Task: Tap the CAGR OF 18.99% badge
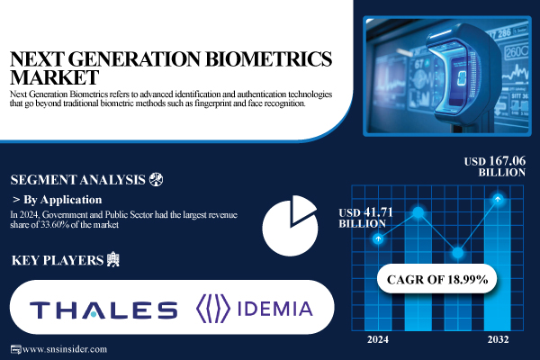tap(439, 280)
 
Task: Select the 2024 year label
tap(379, 340)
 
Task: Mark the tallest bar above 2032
tap(498, 270)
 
